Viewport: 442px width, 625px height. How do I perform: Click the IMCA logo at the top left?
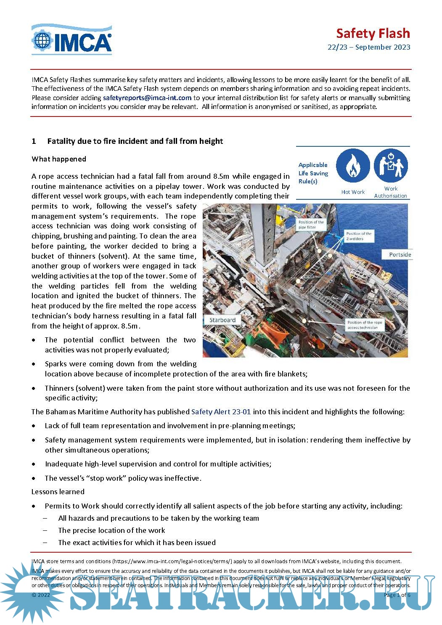(71, 40)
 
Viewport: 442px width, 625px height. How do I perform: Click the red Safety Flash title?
(373, 33)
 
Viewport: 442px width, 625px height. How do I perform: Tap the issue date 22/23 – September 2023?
(368, 47)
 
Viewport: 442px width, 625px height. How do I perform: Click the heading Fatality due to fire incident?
(135, 141)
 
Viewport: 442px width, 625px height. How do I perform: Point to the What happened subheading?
(59, 159)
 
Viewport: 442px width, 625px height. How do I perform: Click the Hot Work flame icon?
(353, 167)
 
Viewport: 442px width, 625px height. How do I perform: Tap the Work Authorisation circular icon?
(390, 166)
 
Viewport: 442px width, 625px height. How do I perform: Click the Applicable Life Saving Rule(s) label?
(313, 173)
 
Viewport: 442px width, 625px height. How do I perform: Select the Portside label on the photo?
(400, 254)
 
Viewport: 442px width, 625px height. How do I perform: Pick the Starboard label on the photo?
(222, 320)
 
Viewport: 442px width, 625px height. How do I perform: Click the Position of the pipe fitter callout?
(311, 225)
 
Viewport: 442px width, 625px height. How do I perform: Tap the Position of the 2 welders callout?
(359, 236)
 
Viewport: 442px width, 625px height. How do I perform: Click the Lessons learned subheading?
(58, 492)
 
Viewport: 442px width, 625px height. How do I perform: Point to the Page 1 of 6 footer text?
(397, 595)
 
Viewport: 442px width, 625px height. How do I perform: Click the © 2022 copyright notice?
(41, 595)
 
